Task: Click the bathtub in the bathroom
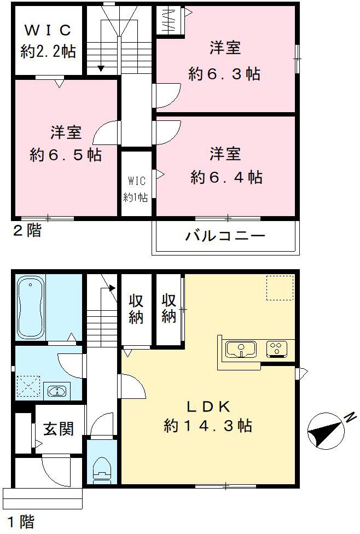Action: [31, 307]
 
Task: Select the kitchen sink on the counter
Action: [241, 349]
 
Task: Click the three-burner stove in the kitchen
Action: [276, 349]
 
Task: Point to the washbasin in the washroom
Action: [56, 391]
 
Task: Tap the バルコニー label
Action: [225, 236]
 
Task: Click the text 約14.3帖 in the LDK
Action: [208, 426]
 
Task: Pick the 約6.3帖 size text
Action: [224, 74]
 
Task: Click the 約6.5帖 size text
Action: [66, 155]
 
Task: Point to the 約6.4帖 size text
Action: [226, 177]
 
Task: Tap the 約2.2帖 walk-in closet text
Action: [48, 52]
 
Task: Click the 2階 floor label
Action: [27, 231]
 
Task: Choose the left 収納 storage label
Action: [136, 309]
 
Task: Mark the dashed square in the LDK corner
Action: [280, 288]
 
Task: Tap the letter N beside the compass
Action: [347, 419]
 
